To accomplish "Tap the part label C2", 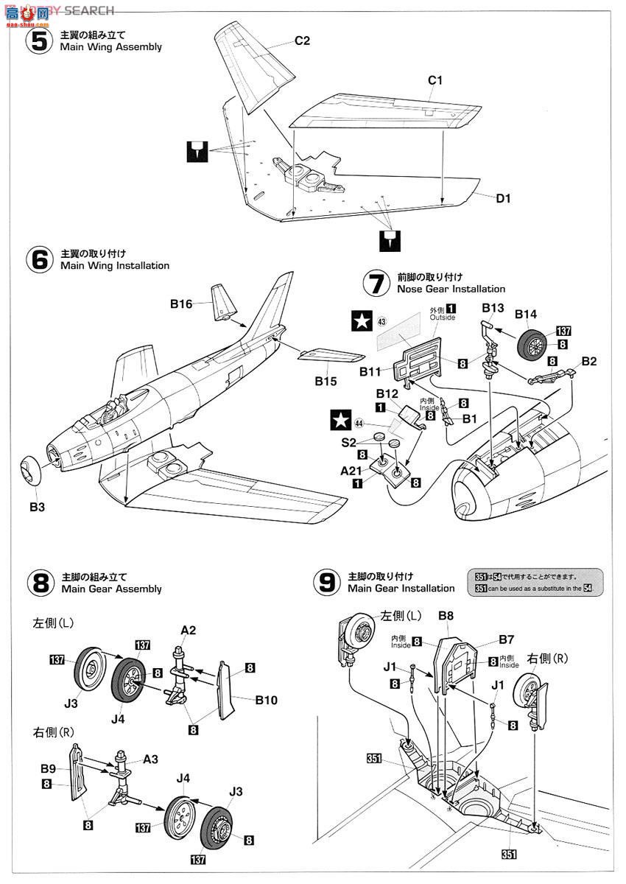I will pos(302,41).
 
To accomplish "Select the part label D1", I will pos(503,198).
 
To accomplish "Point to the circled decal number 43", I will pos(381,320).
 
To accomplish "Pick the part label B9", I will pos(48,769).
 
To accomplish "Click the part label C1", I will pos(435,80).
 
